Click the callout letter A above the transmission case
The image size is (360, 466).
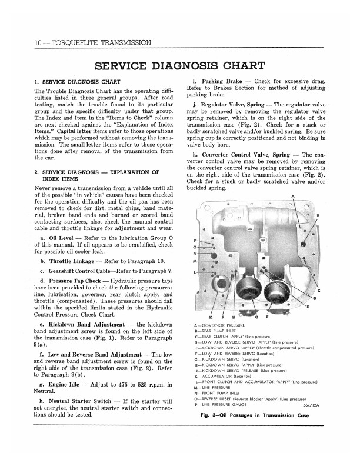pyautogui.click(x=293, y=196)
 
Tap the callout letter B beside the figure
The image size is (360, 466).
pyautogui.click(x=318, y=216)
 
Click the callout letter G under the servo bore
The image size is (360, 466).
pyautogui.click(x=257, y=318)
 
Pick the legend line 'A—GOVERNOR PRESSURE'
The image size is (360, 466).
pyautogui.click(x=219, y=325)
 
